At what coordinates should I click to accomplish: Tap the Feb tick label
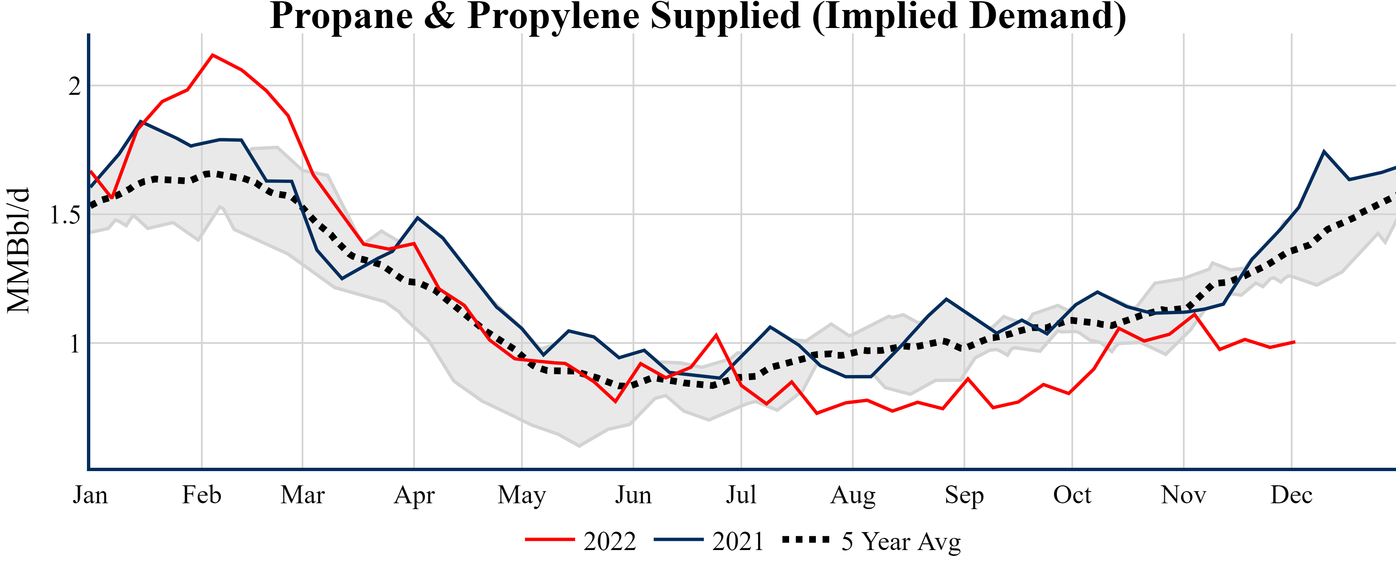point(201,495)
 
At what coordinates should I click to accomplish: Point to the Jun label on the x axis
point(633,495)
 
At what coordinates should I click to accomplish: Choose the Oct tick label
point(1072,495)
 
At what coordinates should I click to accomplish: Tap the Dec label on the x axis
point(1292,495)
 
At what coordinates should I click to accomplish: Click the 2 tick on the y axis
point(74,86)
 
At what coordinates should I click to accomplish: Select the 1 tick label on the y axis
point(75,344)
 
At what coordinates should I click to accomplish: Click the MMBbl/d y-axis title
point(18,250)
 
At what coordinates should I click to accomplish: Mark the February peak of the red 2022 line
point(212,55)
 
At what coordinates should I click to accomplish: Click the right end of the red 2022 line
point(1294,342)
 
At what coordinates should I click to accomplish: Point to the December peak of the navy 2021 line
point(1324,152)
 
